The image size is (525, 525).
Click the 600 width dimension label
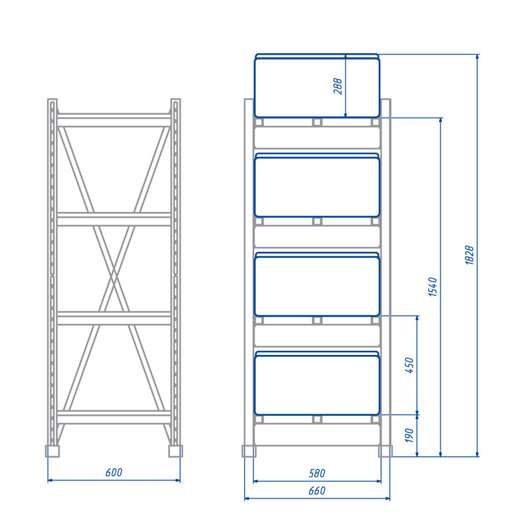pos(114,472)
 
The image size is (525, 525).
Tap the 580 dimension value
pos(316,473)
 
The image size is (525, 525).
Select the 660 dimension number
pos(316,491)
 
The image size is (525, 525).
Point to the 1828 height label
pos(470,255)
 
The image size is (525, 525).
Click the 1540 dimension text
pos(433,286)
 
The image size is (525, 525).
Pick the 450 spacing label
pos(409,365)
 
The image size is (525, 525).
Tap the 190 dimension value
pos(409,435)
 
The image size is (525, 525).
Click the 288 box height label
pos(338,86)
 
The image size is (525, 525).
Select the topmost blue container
pos(316,85)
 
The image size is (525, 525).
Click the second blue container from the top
pos(316,185)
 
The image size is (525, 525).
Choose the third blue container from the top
pos(316,284)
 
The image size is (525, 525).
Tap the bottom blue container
pos(316,383)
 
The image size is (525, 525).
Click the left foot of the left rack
pos(52,451)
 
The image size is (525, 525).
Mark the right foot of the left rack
pos(176,451)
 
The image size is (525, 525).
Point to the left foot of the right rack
pos(248,451)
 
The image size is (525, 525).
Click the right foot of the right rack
pos(386,451)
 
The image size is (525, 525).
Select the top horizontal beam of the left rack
pos(114,120)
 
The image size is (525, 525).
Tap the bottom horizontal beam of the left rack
pos(114,417)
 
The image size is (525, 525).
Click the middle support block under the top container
pos(317,122)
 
